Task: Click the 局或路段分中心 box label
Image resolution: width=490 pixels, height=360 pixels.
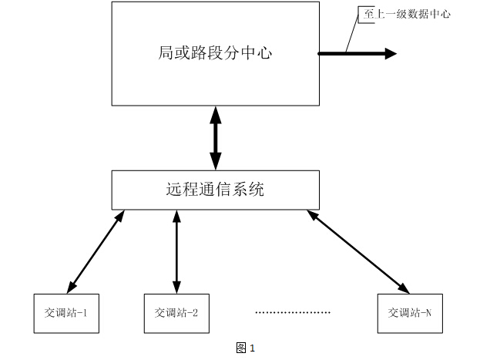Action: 215,54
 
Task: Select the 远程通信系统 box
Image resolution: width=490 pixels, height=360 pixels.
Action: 215,190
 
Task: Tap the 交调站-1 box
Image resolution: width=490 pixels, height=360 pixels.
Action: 65,313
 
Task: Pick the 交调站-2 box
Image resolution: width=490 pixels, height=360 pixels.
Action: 176,313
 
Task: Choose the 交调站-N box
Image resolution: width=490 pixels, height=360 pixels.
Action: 410,313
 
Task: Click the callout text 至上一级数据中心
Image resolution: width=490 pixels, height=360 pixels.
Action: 407,14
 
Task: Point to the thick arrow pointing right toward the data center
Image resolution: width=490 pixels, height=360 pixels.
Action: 354,54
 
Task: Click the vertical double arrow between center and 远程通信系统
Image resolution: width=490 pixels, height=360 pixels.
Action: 215,138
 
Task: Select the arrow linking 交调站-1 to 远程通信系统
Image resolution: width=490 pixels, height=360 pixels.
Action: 96,251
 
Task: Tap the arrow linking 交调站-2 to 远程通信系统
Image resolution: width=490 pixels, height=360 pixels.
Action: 176,251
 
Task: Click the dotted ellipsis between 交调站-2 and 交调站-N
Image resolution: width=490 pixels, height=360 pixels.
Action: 293,313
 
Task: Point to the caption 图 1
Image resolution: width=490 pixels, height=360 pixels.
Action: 245,348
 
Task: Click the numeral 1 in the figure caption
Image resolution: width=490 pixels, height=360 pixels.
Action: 252,348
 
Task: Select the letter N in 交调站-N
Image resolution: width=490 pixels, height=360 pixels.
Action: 428,313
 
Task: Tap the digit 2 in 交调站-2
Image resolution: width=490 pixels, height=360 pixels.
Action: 195,313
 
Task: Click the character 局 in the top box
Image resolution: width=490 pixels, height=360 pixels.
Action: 165,54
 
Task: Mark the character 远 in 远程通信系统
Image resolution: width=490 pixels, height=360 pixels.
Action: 174,190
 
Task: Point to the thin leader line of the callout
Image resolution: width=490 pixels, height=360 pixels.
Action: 353,32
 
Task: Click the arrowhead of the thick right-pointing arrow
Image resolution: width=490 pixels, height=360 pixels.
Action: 391,54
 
